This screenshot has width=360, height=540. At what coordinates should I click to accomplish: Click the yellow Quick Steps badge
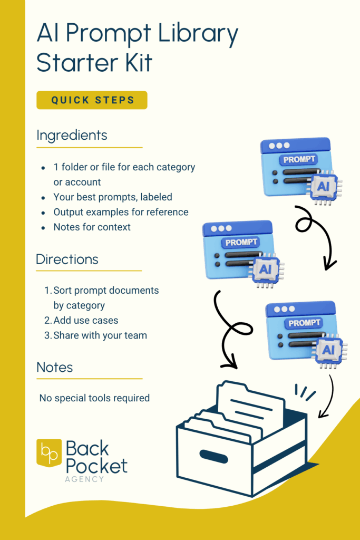pyautogui.click(x=92, y=100)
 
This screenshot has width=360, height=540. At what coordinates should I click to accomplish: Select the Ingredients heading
pyautogui.click(x=72, y=136)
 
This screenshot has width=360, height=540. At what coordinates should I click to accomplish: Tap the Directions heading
pyautogui.click(x=67, y=259)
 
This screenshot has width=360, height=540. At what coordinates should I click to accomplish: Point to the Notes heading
pyautogui.click(x=55, y=367)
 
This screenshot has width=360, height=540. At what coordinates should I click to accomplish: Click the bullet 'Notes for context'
pyautogui.click(x=92, y=227)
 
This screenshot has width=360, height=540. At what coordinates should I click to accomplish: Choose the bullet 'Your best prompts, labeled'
pyautogui.click(x=113, y=197)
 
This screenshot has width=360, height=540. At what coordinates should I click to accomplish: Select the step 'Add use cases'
pyautogui.click(x=85, y=320)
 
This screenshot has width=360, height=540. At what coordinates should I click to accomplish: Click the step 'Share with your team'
pyautogui.click(x=100, y=335)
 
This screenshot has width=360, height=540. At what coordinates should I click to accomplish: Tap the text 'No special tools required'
pyautogui.click(x=94, y=398)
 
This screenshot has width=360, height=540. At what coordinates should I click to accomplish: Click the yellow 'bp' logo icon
pyautogui.click(x=48, y=453)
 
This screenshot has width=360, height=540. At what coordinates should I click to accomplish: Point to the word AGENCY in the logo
pyautogui.click(x=84, y=479)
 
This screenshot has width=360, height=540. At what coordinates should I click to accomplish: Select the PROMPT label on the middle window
pyautogui.click(x=241, y=243)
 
